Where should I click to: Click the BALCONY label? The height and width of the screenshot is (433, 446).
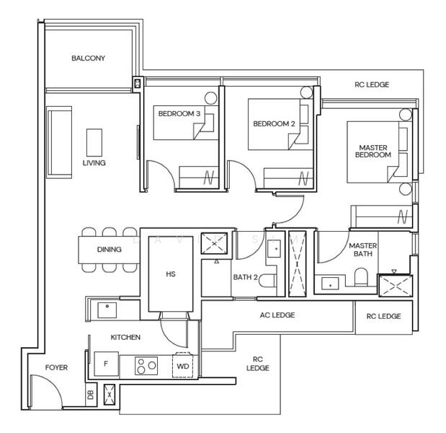88,58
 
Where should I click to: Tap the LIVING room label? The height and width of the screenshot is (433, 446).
94,163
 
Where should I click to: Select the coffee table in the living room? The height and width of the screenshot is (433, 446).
94,142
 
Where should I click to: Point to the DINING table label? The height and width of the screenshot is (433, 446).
109,250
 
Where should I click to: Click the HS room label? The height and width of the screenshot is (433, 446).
171,274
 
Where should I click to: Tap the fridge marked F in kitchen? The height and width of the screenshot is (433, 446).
106,364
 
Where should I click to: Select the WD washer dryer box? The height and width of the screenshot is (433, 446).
183,366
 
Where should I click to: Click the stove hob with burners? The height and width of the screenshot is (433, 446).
147,366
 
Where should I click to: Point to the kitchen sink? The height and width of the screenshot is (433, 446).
107,310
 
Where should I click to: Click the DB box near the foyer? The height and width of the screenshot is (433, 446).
90,395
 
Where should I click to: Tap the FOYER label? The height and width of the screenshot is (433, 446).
56,368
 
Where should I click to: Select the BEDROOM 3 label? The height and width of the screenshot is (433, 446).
179,114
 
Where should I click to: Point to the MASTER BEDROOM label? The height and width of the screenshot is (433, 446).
374,152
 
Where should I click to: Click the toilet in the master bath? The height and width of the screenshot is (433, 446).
362,276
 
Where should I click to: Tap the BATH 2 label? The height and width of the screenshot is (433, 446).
246,277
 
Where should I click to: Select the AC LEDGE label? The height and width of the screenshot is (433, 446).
277,315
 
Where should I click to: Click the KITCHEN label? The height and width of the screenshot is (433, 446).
125,337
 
